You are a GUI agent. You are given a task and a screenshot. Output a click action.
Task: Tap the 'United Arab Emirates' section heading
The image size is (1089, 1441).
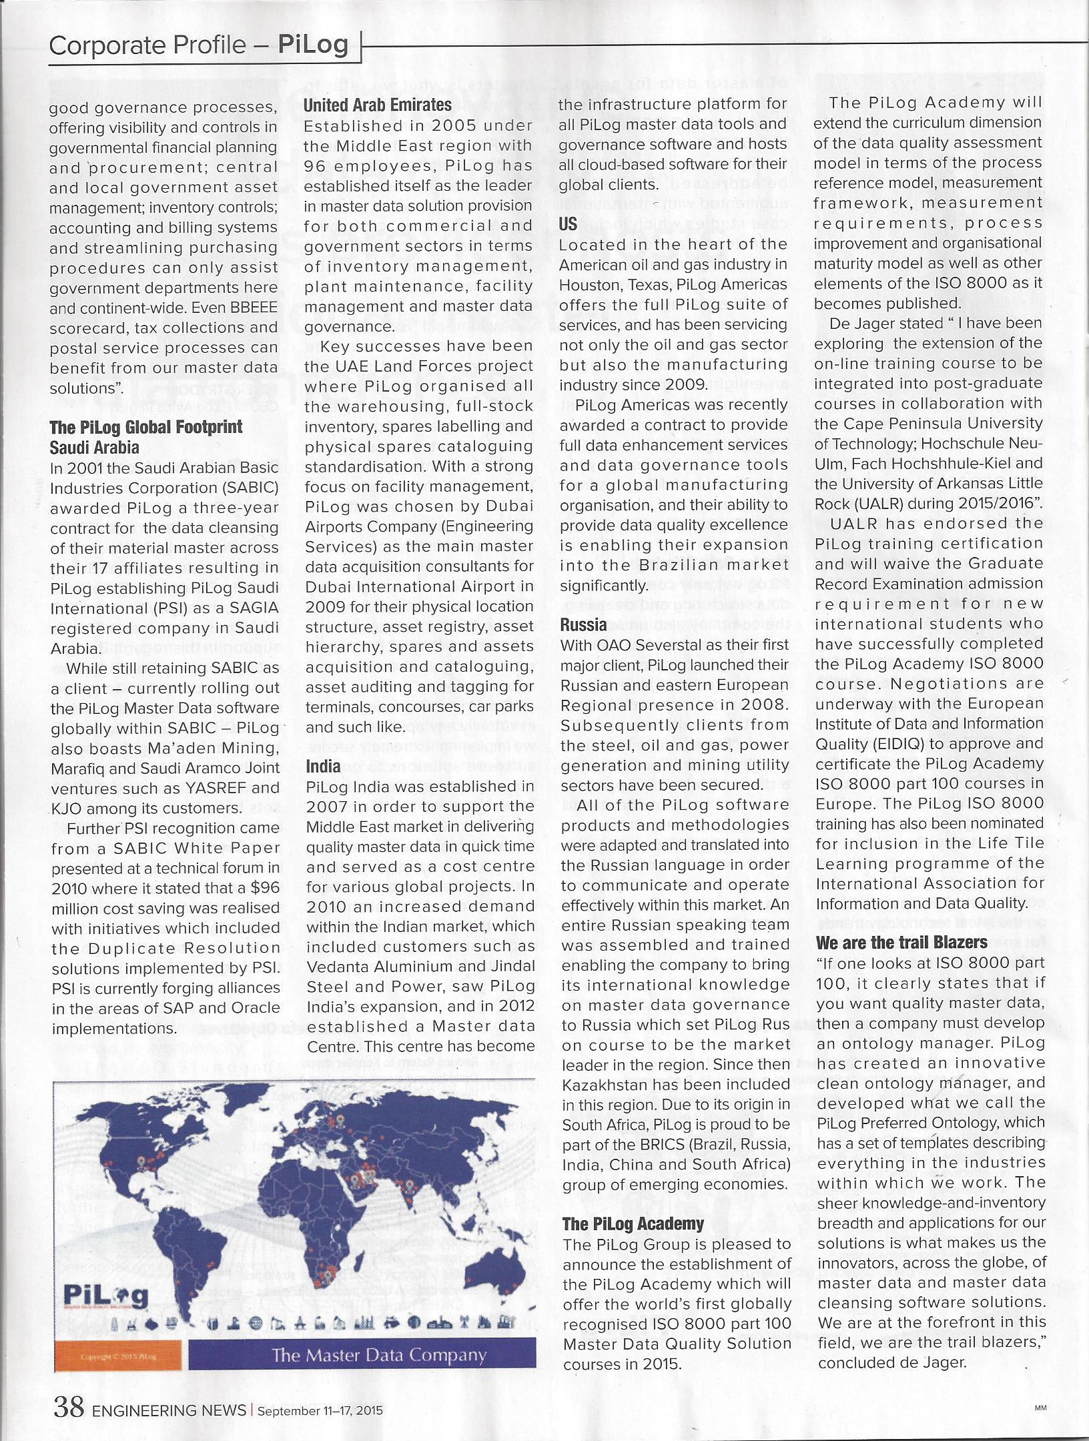point(378,105)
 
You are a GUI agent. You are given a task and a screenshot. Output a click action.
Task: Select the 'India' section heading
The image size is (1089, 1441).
point(323,766)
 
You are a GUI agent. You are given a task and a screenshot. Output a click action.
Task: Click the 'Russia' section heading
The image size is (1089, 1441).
point(584,625)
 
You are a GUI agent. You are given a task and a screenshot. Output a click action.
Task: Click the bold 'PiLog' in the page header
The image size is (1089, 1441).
point(313,45)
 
